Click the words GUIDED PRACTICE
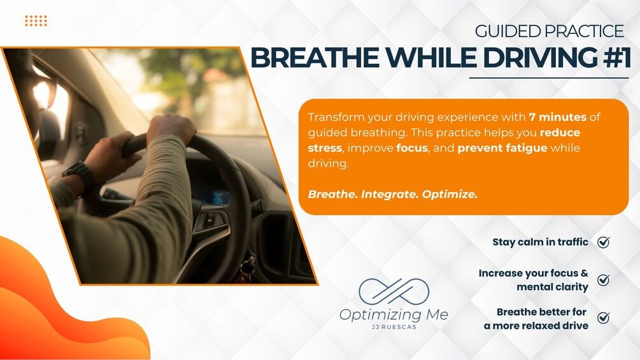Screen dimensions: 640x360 (x=550, y=31)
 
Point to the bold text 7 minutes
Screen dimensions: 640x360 (x=558, y=117)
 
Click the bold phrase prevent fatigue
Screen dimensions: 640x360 (x=502, y=148)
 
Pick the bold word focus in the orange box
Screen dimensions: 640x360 (x=412, y=148)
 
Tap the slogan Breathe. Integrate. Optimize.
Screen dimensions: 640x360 (x=393, y=194)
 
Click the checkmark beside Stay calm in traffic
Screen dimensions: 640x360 (x=603, y=242)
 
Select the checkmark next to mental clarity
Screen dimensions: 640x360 (x=603, y=280)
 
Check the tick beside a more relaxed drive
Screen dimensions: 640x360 (x=603, y=317)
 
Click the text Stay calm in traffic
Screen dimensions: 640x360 (x=541, y=242)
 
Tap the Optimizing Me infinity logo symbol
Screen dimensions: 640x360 (x=394, y=291)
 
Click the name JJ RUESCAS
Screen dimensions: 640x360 (x=394, y=327)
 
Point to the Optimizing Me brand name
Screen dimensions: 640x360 (x=394, y=315)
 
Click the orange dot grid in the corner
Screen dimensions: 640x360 (x=36, y=20)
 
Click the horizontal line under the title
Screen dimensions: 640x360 (x=549, y=78)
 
